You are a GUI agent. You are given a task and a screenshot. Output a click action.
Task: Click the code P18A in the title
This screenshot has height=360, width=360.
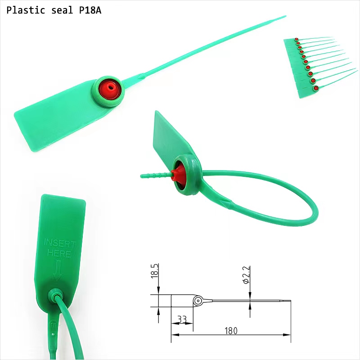[x=90, y=10]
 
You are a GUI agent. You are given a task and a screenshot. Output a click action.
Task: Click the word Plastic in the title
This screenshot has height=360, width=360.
[x=26, y=10]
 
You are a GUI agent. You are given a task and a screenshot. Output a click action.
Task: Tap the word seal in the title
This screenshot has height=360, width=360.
[x=62, y=10]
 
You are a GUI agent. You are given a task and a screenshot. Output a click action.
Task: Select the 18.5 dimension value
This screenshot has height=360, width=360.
[x=155, y=271]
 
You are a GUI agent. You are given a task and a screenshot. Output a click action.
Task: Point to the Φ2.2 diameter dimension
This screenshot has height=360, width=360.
[x=246, y=275]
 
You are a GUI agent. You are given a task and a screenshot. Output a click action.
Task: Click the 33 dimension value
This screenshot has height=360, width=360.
[x=182, y=319]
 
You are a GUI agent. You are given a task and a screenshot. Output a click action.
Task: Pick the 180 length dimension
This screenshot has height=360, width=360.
[x=231, y=331]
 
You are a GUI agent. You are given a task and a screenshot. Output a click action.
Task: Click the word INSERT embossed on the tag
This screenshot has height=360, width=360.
[x=59, y=243]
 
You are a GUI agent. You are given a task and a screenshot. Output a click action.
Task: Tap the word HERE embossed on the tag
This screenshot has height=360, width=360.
[x=59, y=253]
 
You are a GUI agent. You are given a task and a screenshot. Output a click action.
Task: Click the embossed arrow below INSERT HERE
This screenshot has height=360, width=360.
[x=58, y=270]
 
